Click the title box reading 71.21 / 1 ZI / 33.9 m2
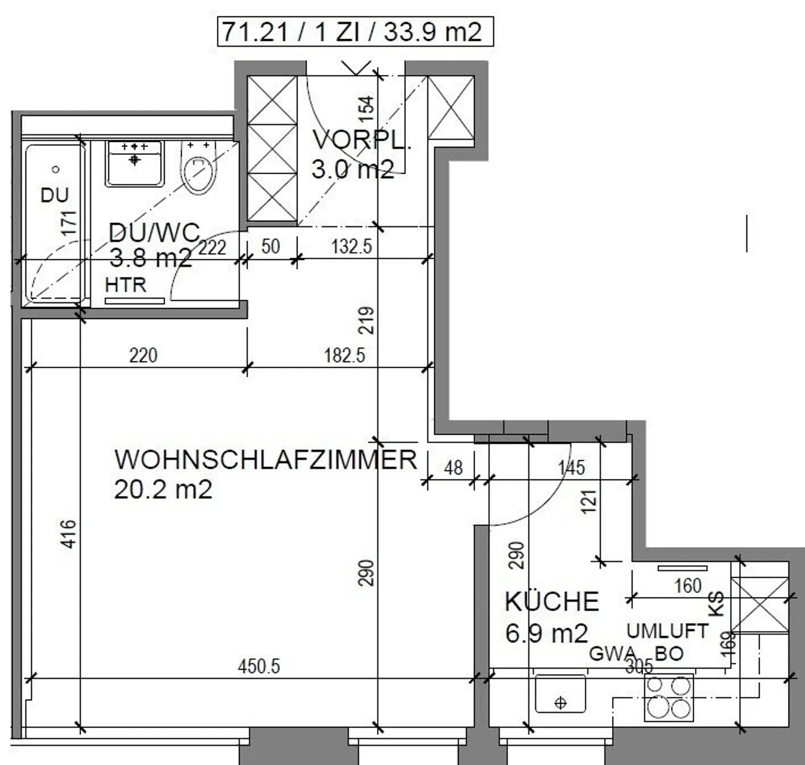click(x=355, y=31)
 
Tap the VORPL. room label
click(x=361, y=140)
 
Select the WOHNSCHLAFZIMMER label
click(x=266, y=460)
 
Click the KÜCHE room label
click(x=552, y=602)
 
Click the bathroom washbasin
click(x=135, y=163)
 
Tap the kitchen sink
click(x=560, y=693)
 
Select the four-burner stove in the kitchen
click(x=668, y=697)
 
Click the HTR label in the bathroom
click(x=125, y=285)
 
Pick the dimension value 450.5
click(x=259, y=666)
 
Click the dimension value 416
click(x=68, y=534)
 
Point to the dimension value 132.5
click(x=351, y=246)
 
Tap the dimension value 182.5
click(x=344, y=355)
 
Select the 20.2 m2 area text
click(x=163, y=490)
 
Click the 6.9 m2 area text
click(x=546, y=633)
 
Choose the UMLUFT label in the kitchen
click(x=667, y=631)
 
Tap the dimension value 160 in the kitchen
click(x=688, y=586)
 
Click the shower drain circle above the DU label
click(x=55, y=169)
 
